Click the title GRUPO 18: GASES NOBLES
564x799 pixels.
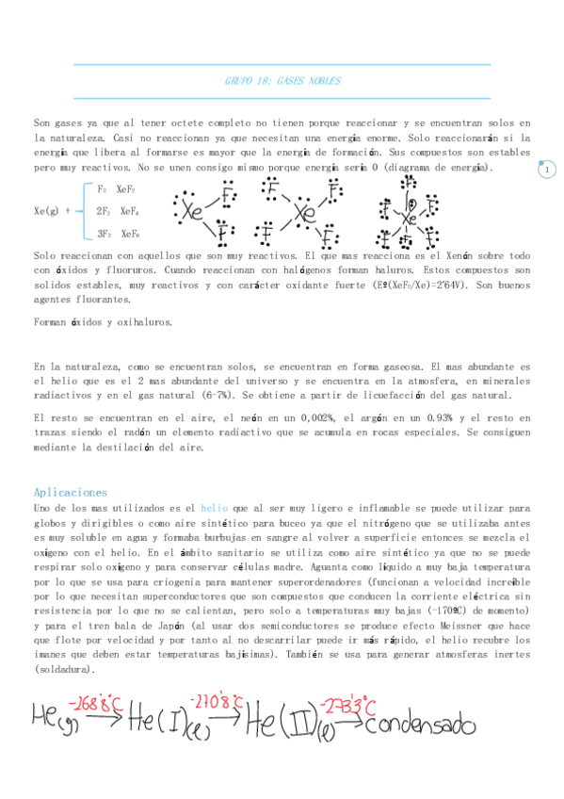click(282, 81)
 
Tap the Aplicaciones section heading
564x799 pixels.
click(70, 492)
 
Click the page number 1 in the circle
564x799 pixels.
click(547, 170)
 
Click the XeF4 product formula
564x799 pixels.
click(128, 211)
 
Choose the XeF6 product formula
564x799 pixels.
click(128, 234)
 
